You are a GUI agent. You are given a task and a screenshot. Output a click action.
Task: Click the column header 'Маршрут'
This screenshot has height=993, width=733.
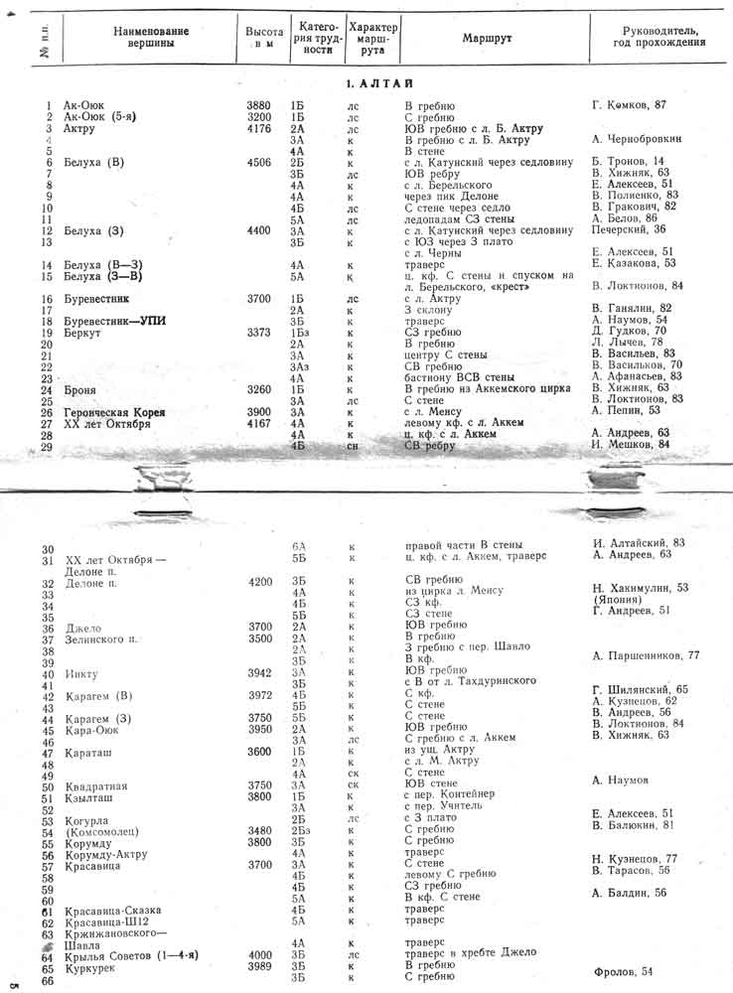click(487, 38)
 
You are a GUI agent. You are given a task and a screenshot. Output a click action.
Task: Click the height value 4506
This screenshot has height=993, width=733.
click(258, 162)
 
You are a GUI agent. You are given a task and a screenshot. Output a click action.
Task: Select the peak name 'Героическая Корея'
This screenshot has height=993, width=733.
click(112, 412)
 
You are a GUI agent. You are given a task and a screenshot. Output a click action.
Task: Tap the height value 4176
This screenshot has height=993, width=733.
click(258, 129)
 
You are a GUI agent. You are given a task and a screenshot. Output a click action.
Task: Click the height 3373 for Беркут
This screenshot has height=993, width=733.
click(258, 333)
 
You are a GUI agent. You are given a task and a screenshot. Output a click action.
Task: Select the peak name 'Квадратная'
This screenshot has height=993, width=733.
click(96, 785)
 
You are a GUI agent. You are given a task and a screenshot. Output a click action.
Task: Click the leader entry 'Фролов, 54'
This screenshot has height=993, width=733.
click(623, 970)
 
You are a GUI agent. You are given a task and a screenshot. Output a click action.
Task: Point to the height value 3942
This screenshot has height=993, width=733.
click(259, 671)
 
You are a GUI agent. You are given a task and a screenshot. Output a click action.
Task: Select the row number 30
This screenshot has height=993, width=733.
click(48, 549)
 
